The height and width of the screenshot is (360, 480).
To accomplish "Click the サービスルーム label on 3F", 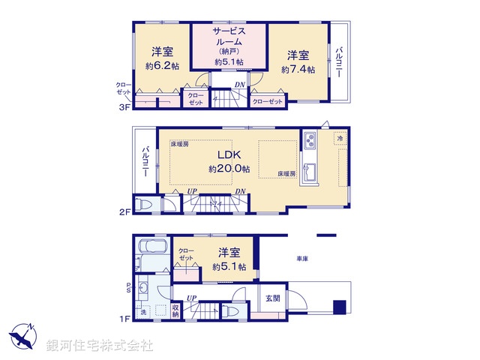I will pyautogui.click(x=229, y=38).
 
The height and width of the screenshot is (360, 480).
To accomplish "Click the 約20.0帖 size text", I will pyautogui.click(x=229, y=169).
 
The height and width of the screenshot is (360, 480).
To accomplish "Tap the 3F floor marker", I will pyautogui.click(x=123, y=108).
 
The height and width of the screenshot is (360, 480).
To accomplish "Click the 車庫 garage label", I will pyautogui.click(x=302, y=259).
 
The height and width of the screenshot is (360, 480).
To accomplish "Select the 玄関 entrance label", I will pyautogui.click(x=272, y=298).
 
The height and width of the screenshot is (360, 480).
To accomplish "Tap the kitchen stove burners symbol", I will pyautogui.click(x=310, y=139).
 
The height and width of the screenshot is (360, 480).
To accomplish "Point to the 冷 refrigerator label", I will pyautogui.click(x=339, y=139).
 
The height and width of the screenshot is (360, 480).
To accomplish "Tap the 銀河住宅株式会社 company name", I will pyautogui.click(x=100, y=346).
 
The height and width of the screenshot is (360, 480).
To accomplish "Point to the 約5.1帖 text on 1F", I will pyautogui.click(x=229, y=266).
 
